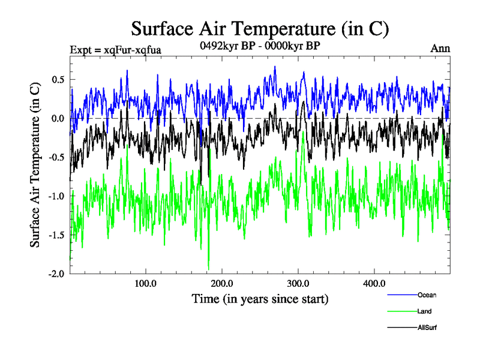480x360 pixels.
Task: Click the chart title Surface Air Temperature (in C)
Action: pos(260,28)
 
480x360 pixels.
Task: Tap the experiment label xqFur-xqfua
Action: pos(116,49)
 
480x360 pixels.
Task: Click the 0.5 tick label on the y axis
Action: pos(58,80)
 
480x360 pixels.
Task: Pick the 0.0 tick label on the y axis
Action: pos(58,118)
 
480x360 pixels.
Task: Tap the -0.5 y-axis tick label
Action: pos(56,157)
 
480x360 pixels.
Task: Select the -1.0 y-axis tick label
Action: pos(56,196)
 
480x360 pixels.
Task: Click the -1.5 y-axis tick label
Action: pos(56,235)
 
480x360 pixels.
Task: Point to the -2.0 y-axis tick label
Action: pos(56,274)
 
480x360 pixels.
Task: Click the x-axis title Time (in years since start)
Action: pos(260,298)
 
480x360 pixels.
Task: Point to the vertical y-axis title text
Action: pos(35,166)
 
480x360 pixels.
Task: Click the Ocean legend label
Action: pos(427,295)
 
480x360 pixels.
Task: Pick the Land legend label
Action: pos(424,311)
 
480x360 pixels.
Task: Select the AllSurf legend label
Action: pos(427,328)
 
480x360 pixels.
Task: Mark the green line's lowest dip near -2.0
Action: pos(209,268)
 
